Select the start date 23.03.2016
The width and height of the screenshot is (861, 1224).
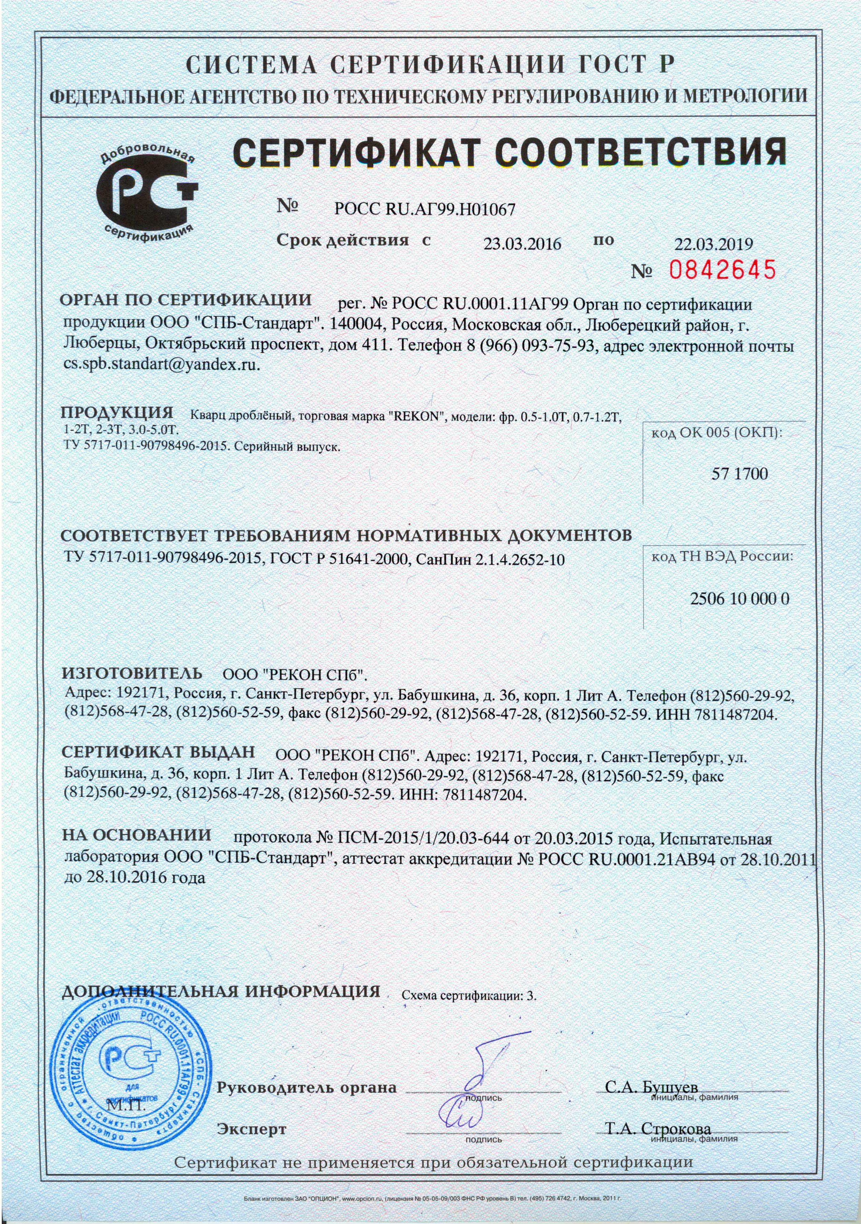click(522, 244)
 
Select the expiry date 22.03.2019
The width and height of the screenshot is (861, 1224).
click(714, 244)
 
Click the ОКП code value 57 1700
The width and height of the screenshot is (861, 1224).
click(740, 474)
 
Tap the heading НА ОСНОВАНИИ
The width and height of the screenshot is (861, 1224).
click(137, 834)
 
